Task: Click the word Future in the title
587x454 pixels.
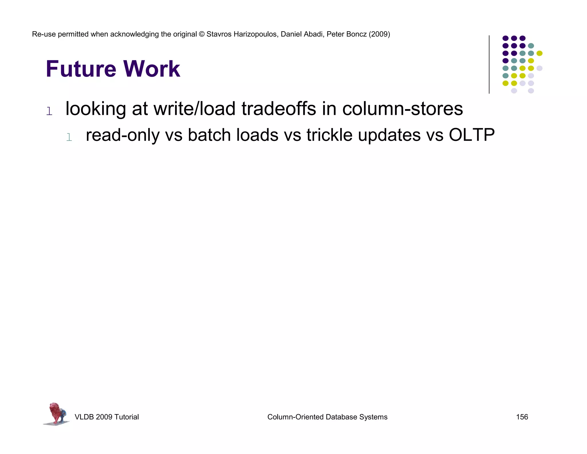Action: tap(81, 69)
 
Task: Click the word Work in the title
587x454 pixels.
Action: tap(152, 69)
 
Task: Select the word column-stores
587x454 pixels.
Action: tap(402, 109)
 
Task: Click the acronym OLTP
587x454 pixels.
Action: tap(471, 135)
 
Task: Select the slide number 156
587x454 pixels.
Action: tap(522, 417)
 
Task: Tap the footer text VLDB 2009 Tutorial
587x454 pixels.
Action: tap(107, 417)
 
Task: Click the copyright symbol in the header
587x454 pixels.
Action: tap(201, 34)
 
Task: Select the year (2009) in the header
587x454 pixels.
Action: tap(379, 34)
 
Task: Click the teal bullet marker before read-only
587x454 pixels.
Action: tap(69, 137)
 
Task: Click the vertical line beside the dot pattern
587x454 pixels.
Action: tap(489, 64)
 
